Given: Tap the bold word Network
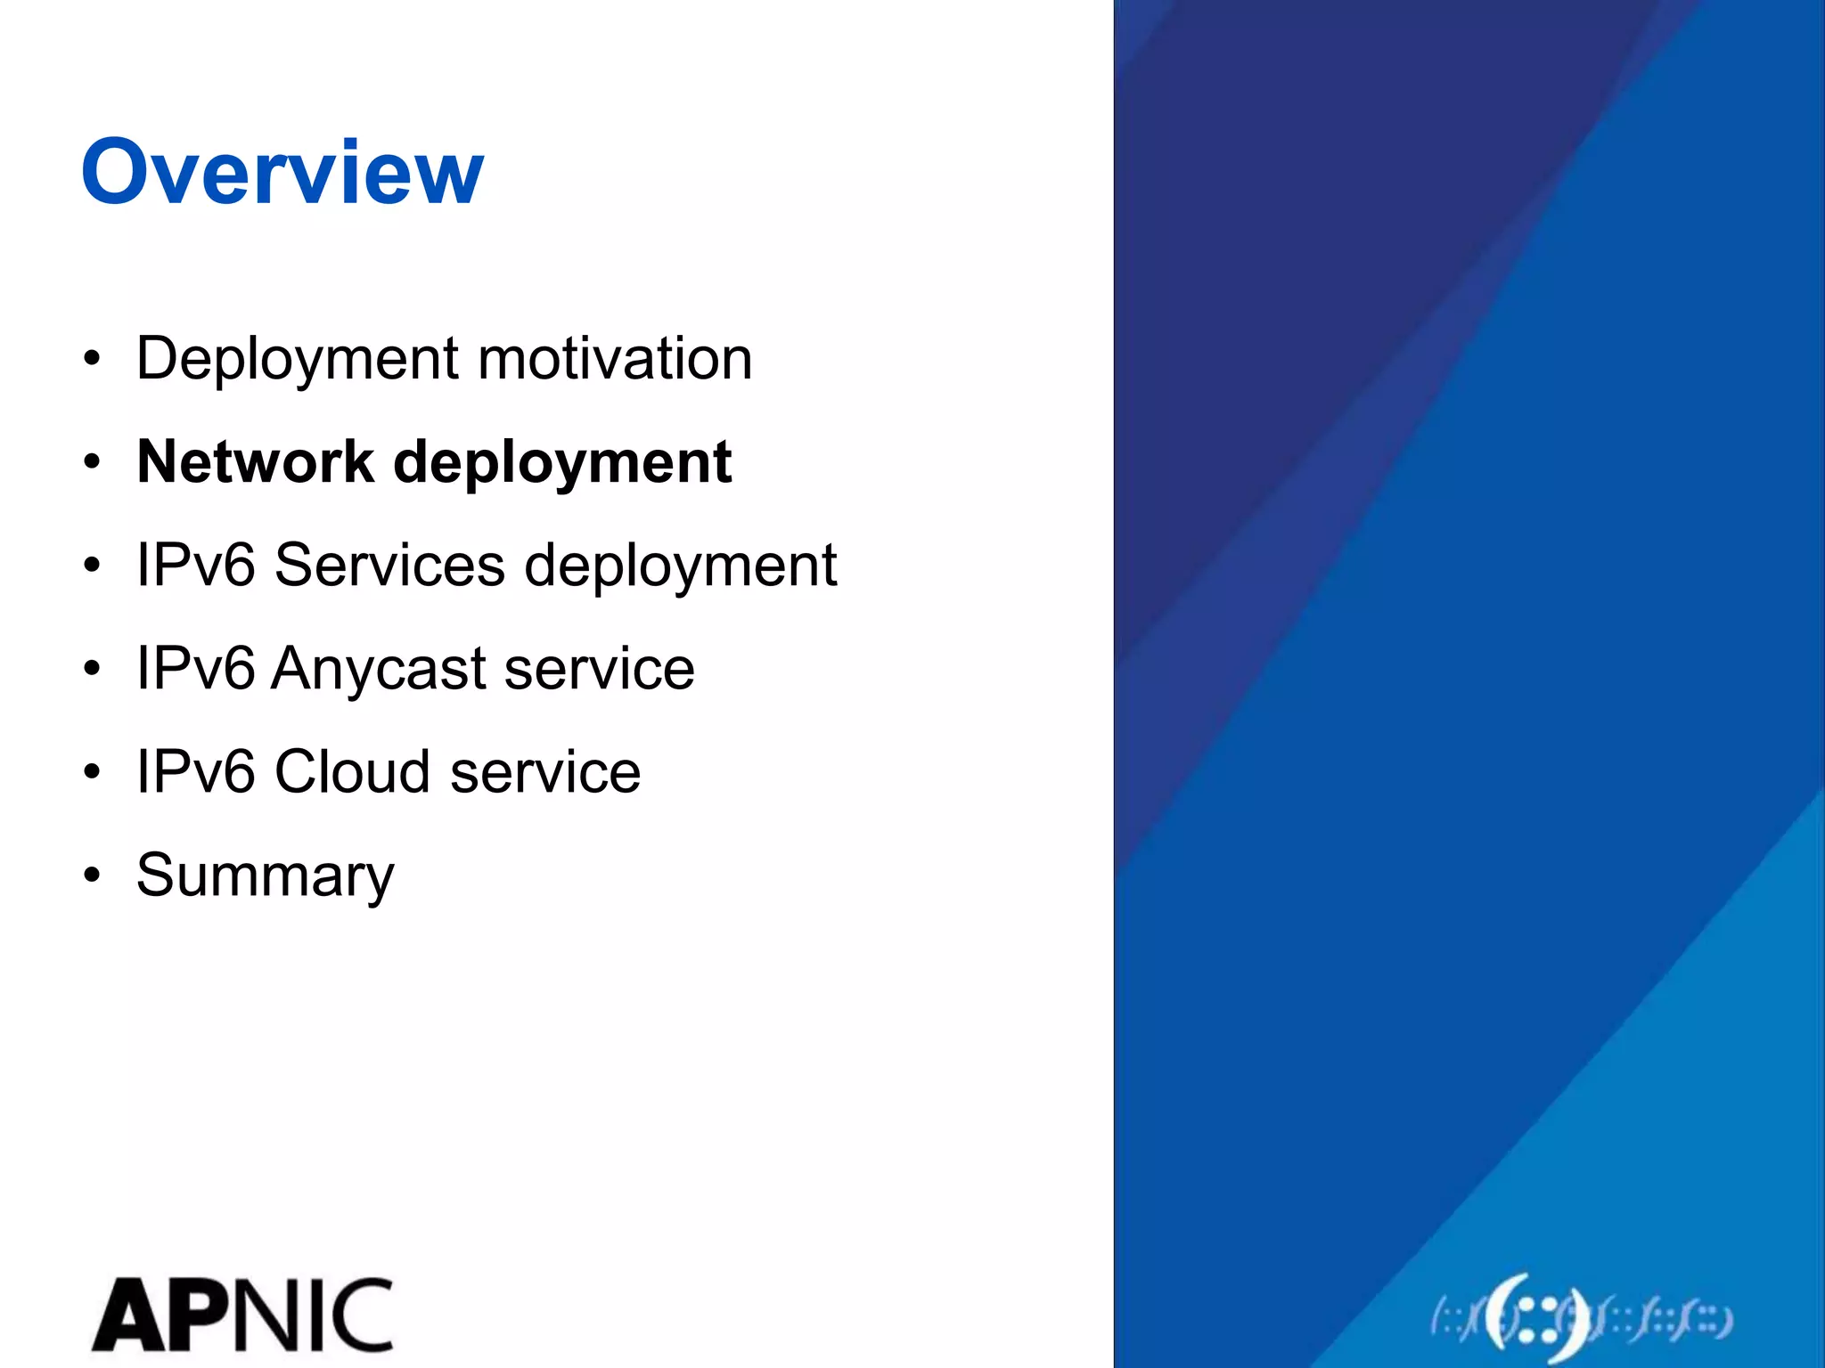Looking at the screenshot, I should tap(255, 462).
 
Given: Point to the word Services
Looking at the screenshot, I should tap(389, 565).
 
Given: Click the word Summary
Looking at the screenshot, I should tap(265, 876).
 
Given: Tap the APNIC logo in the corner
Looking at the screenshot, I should tap(241, 1315).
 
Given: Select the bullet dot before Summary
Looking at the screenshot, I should tap(93, 875).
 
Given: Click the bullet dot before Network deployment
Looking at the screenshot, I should tap(93, 462).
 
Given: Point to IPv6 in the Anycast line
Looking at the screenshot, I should tap(195, 668).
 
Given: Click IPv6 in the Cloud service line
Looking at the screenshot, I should tap(195, 771).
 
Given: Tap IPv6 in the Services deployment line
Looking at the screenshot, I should tap(195, 565).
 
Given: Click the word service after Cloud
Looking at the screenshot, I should tap(545, 771).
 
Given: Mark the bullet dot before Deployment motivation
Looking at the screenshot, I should tap(93, 359).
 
